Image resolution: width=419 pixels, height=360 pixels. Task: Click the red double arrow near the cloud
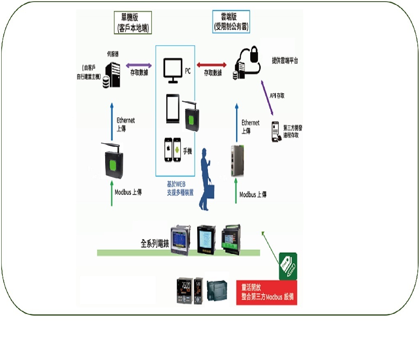[x=212, y=65]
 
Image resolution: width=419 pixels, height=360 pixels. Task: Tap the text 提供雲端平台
[x=285, y=60]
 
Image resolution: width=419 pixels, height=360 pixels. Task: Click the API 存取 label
[x=277, y=95]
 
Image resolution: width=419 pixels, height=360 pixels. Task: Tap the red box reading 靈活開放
[x=267, y=293]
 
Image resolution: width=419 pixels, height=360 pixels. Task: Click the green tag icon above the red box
[x=288, y=266]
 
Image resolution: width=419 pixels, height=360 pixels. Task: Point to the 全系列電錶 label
[x=155, y=243]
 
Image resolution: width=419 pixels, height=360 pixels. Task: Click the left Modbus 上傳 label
[x=128, y=192]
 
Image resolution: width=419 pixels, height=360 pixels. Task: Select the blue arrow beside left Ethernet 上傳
[x=111, y=122]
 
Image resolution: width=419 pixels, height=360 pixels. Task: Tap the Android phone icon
[x=178, y=151]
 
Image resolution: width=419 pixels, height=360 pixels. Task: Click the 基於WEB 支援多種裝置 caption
[x=180, y=189]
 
